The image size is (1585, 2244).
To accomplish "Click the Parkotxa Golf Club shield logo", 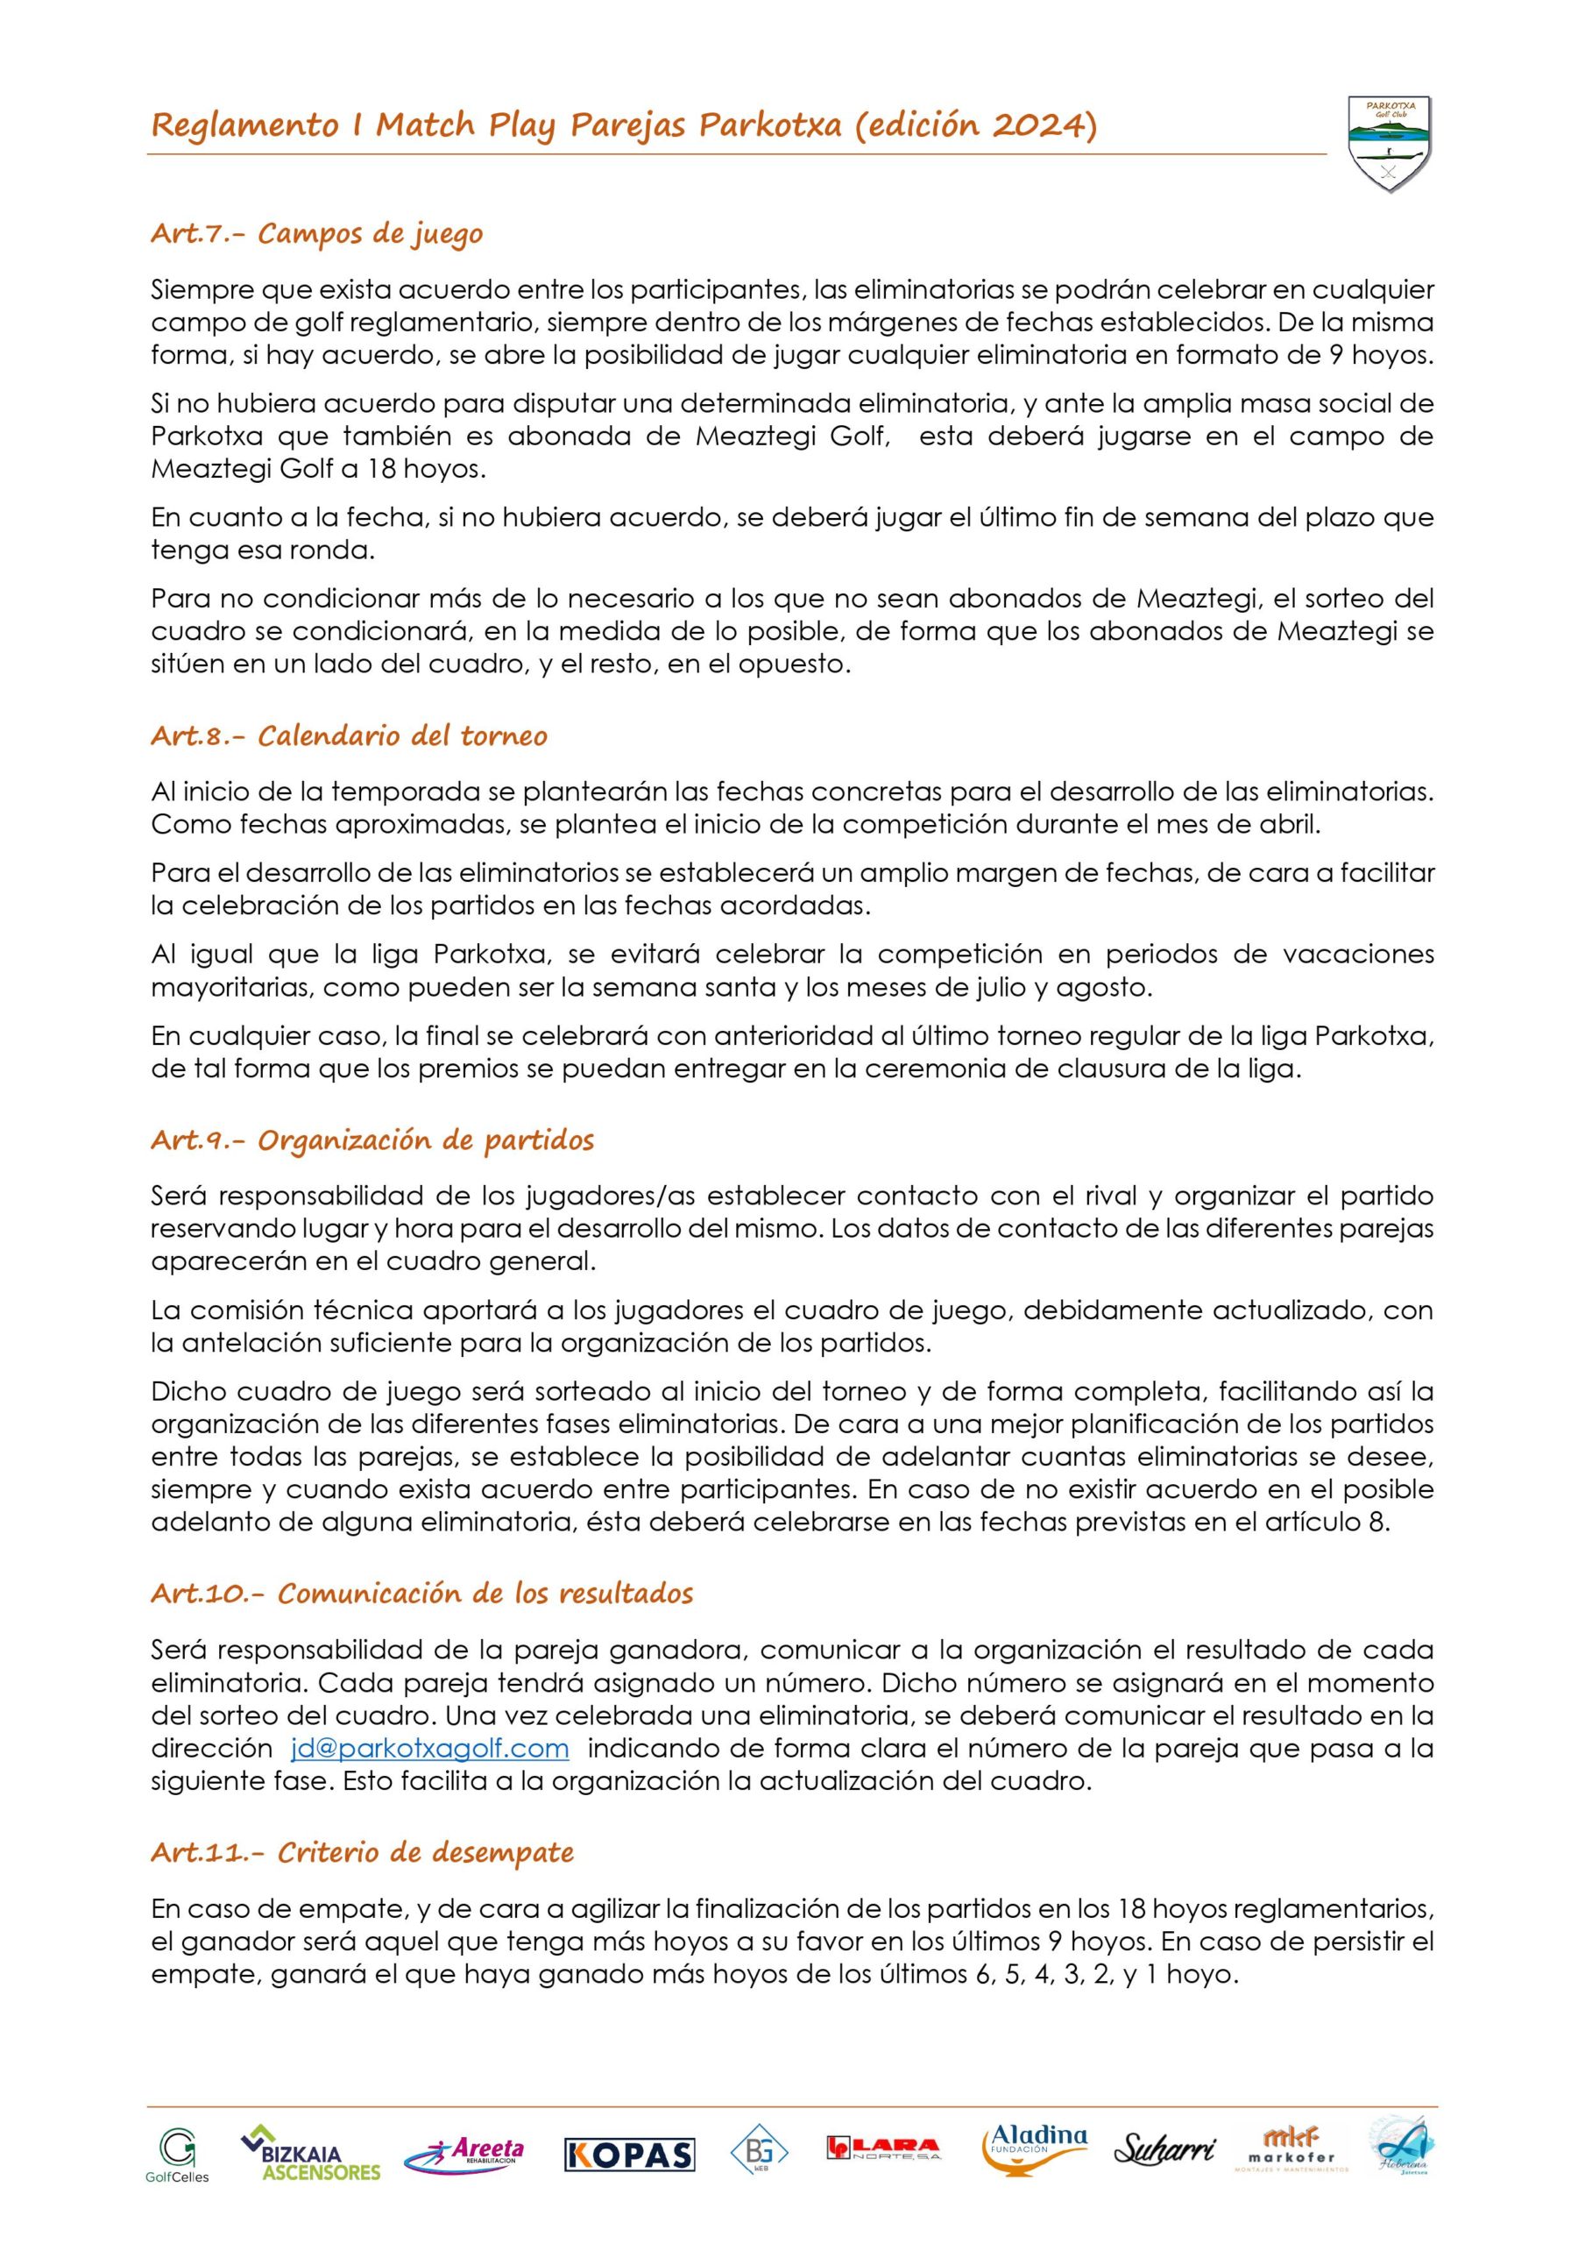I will click(1388, 143).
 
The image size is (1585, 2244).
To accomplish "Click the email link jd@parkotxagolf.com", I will click(429, 1749).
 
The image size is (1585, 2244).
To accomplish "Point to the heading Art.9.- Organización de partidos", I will click(372, 1140).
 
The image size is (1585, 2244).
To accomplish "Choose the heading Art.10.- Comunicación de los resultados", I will click(421, 1593).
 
